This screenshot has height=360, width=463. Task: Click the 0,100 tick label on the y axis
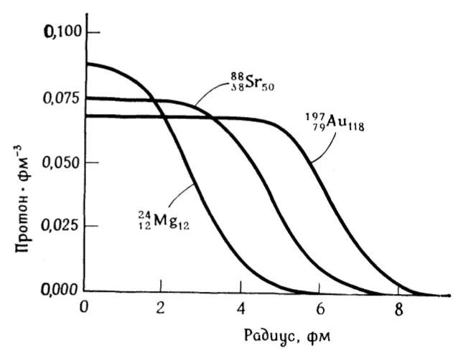[x=62, y=32]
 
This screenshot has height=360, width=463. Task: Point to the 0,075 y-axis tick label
[x=57, y=98]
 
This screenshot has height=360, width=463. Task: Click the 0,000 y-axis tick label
[x=59, y=290]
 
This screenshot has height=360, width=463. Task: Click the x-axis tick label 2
[x=160, y=308]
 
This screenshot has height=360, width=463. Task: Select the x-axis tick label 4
[x=241, y=308]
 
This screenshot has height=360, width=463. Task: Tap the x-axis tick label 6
[x=320, y=309]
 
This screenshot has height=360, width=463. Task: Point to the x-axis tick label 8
[x=398, y=310]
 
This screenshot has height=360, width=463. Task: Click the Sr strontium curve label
[x=252, y=82]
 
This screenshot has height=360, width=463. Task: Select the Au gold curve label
[x=335, y=122]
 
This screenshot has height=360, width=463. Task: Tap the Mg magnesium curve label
[x=163, y=221]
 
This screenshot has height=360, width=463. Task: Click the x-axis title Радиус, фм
[x=287, y=336]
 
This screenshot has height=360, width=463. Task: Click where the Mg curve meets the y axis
[x=87, y=64]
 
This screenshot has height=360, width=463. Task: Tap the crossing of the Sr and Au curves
[x=212, y=118]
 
